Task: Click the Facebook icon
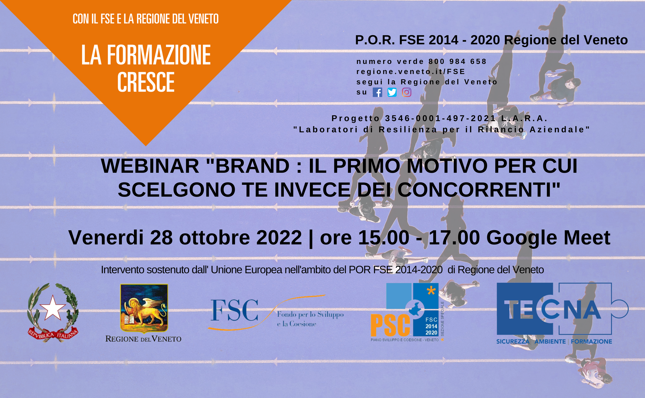[378, 92]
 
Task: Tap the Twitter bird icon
[392, 92]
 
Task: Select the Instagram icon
[406, 92]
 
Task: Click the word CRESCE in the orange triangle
[146, 82]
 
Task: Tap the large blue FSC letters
[234, 310]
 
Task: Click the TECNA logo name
[552, 310]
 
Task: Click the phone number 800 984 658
[458, 61]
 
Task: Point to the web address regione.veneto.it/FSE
[411, 72]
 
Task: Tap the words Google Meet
[548, 238]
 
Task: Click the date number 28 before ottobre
[161, 238]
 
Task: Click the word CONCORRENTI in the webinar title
[479, 190]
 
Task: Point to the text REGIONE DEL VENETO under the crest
[143, 339]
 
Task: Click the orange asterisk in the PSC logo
[431, 291]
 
